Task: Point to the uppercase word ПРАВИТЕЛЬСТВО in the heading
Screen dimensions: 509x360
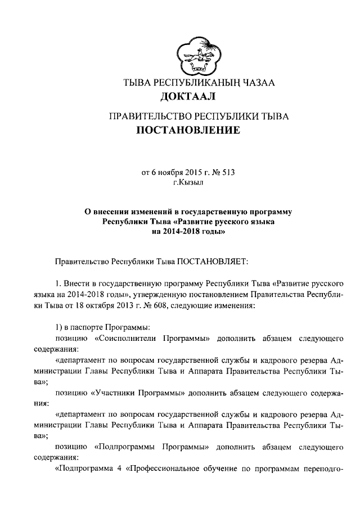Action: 150,117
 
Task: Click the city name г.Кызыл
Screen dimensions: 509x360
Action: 187,182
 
